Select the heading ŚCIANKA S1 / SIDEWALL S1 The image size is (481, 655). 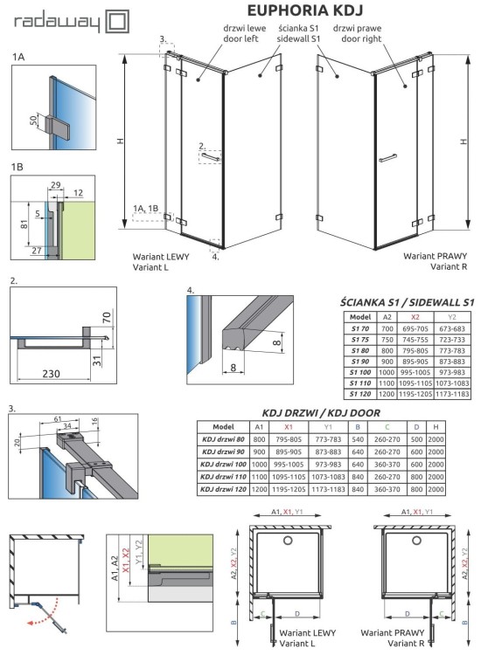[x=407, y=302]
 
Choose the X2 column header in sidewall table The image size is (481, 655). [x=415, y=317]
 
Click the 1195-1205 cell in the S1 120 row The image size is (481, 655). [x=415, y=394]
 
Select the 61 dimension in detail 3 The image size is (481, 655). [x=58, y=420]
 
